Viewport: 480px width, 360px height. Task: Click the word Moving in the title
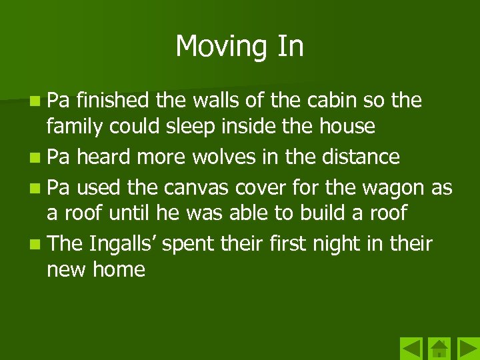pyautogui.click(x=214, y=47)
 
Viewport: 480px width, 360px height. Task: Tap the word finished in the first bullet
pyautogui.click(x=113, y=101)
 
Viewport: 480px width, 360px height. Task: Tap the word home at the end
pyautogui.click(x=119, y=269)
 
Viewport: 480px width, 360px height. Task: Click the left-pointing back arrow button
pyautogui.click(x=411, y=349)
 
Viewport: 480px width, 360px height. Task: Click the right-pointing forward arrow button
pyautogui.click(x=467, y=349)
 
